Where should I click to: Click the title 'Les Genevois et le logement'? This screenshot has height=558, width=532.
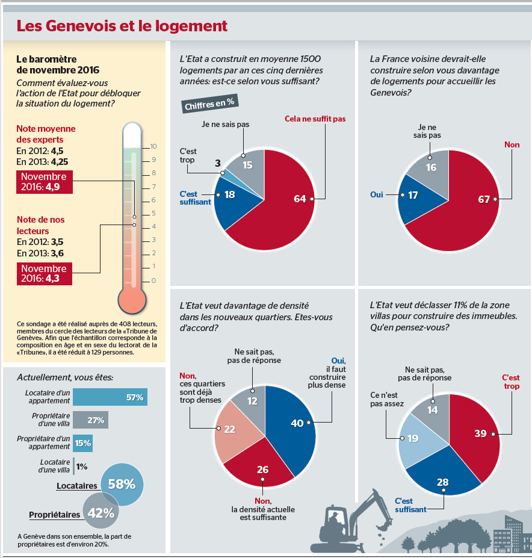pyautogui.click(x=122, y=26)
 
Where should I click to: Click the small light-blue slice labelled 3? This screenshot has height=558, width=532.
pyautogui.click(x=223, y=173)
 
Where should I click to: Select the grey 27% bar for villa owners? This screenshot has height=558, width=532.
pyautogui.click(x=90, y=420)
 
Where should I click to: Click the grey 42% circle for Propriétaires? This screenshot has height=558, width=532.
pyautogui.click(x=101, y=512)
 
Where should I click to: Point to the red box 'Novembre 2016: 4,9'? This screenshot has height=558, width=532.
pyautogui.click(x=44, y=182)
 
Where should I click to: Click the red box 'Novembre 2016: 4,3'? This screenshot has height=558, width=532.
pyautogui.click(x=44, y=274)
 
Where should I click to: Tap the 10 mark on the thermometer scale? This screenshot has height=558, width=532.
pyautogui.click(x=153, y=146)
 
